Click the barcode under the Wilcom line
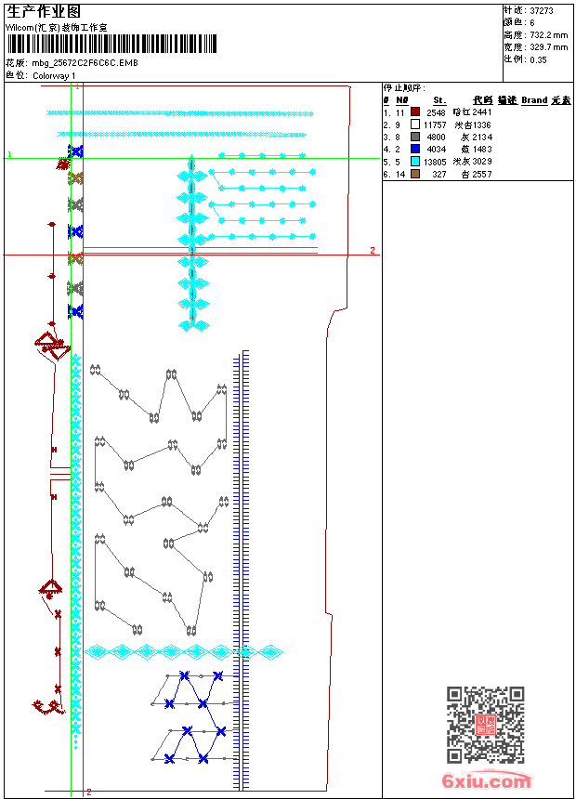pos(111,44)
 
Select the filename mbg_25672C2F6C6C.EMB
pos(85,63)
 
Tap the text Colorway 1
pos(55,75)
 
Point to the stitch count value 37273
pos(542,10)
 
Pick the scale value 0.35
pos(538,59)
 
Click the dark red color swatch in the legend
pos(415,111)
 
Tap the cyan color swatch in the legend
pos(415,161)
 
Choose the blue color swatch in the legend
pos(415,149)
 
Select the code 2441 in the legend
pos(481,111)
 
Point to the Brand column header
pos(534,99)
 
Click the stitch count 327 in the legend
pos(439,174)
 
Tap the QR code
pos(485,724)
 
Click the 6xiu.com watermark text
pos(487,781)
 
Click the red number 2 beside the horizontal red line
pos(373,250)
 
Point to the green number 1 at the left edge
pos(9,154)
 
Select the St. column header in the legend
pos(439,99)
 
